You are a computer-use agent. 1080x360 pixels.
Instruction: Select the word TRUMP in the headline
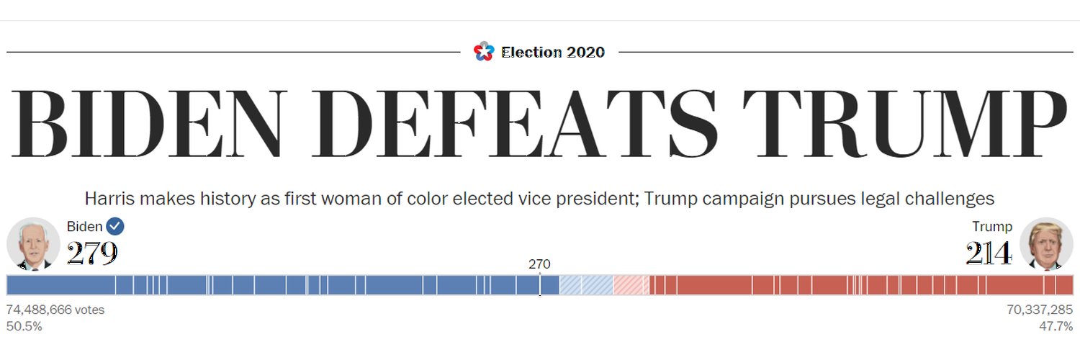coord(904,123)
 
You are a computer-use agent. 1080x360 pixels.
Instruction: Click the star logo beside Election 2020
coord(484,52)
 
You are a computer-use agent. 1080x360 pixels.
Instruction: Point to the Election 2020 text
coord(552,52)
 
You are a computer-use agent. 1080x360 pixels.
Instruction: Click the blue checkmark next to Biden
coord(114,226)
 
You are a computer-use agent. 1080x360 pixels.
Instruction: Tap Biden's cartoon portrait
coord(33,244)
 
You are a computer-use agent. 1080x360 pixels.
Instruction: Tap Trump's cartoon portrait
coord(1046,244)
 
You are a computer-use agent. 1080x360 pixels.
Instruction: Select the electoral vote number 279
coord(92,253)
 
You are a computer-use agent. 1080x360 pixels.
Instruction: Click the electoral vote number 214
coord(989,253)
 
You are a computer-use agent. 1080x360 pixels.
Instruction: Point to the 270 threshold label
coord(539,264)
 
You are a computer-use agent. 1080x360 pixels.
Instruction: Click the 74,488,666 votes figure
coord(55,310)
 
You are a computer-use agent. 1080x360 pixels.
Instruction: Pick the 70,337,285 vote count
coord(1040,310)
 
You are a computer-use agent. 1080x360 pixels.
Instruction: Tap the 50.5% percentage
coord(24,326)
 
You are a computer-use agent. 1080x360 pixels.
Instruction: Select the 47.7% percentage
coord(1056,326)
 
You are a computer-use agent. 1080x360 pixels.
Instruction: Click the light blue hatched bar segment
coord(586,285)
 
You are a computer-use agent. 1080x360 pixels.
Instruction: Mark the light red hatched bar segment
coord(631,285)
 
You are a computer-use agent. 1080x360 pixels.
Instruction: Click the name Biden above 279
coord(84,227)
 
